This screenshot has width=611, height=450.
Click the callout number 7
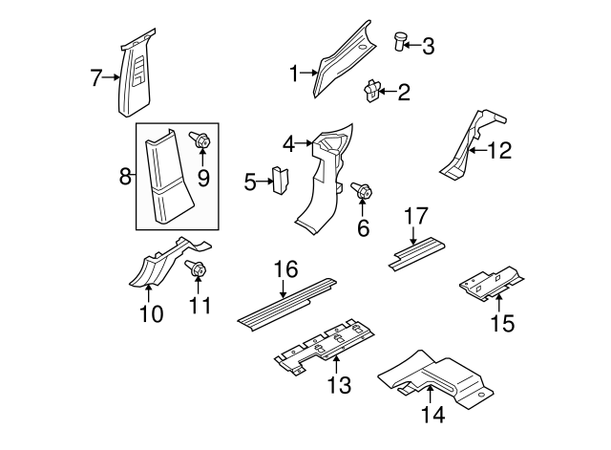[95, 78]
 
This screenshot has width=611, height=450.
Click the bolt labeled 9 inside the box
[201, 141]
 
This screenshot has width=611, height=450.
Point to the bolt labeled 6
[363, 192]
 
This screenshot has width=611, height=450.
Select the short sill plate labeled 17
[415, 251]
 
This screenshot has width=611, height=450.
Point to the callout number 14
[432, 415]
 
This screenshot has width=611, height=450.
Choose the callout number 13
[338, 385]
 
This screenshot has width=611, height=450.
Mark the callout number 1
[295, 71]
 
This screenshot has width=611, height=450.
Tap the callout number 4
[288, 145]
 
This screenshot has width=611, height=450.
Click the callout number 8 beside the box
[124, 177]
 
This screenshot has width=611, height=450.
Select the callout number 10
[152, 312]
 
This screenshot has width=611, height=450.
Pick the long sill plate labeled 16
[286, 298]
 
